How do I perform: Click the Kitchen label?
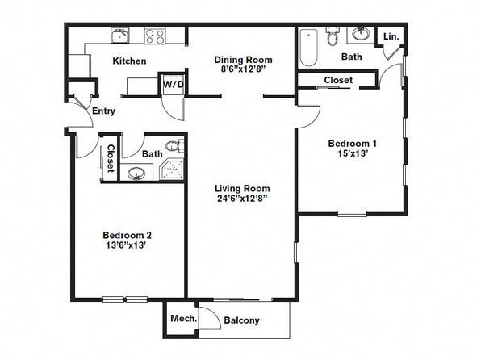point(129,61)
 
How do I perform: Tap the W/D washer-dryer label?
point(173,85)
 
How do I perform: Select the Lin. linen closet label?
point(391,36)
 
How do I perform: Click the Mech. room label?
point(184,319)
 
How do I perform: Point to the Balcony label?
point(242,320)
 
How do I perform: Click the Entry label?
point(103,111)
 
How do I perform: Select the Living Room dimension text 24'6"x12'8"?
point(242,199)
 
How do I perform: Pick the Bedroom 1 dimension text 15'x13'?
point(353,153)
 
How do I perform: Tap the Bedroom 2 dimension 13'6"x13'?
point(127,245)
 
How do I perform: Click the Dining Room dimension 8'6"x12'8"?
point(243,69)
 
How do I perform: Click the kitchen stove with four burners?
point(155,36)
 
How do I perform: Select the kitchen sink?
point(120,36)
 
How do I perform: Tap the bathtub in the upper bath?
point(308,48)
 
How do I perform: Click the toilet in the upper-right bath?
point(333,36)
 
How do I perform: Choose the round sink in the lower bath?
point(136,174)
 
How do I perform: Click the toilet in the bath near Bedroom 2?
point(175,145)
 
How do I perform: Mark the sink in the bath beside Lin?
point(361,34)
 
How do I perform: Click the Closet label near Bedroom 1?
point(338,80)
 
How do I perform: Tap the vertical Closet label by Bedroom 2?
point(111,158)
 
